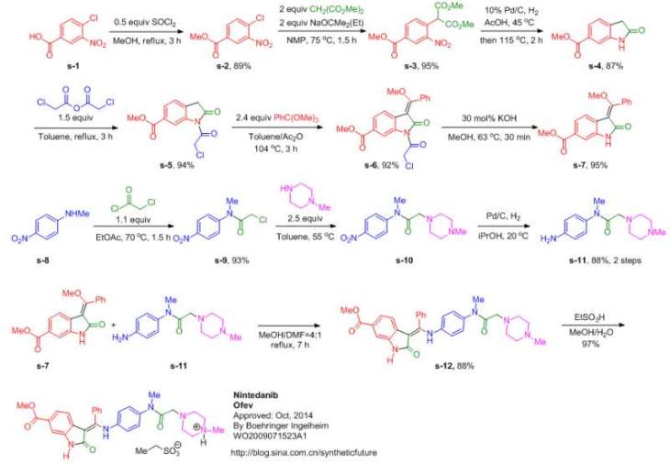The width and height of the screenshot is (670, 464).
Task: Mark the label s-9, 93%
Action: (x=212, y=264)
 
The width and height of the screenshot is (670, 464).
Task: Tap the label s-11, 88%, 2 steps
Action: (x=597, y=264)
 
